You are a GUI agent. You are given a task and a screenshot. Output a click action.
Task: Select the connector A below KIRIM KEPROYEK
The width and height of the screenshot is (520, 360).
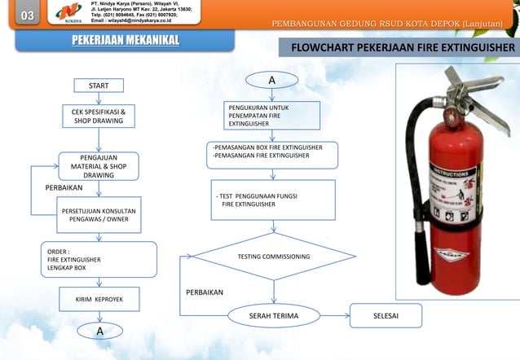pyautogui.click(x=99, y=331)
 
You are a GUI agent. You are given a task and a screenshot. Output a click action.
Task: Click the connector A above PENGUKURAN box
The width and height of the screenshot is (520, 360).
pyautogui.click(x=271, y=81)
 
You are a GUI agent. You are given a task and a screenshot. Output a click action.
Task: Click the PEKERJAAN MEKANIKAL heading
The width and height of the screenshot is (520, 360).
pyautogui.click(x=113, y=41)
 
